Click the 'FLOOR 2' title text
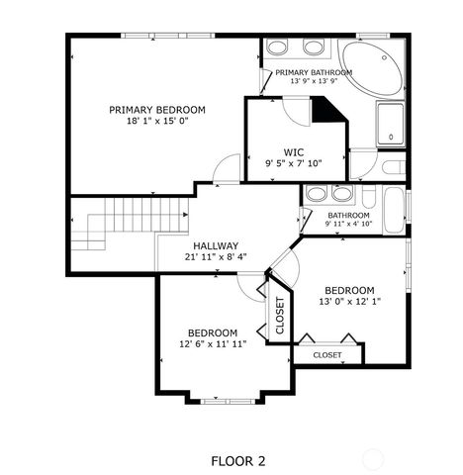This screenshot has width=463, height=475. (238, 460)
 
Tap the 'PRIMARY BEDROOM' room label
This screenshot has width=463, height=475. (157, 109)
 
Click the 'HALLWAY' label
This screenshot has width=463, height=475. (216, 245)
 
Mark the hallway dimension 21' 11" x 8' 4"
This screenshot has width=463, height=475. (216, 257)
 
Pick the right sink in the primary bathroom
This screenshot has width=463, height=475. (313, 47)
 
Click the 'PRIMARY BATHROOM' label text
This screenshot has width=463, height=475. (314, 73)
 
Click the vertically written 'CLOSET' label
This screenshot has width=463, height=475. (279, 316)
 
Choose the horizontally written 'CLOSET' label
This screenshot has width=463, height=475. (327, 354)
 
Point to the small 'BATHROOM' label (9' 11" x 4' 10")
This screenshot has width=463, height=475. (348, 215)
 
